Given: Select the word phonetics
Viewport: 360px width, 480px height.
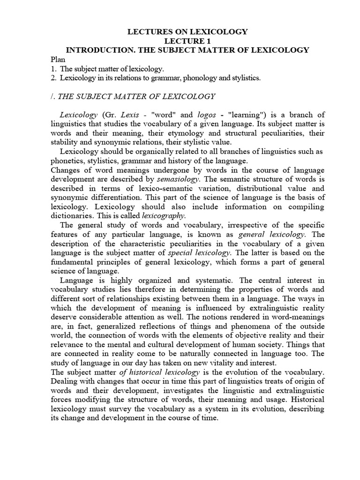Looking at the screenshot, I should pos(66,161).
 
